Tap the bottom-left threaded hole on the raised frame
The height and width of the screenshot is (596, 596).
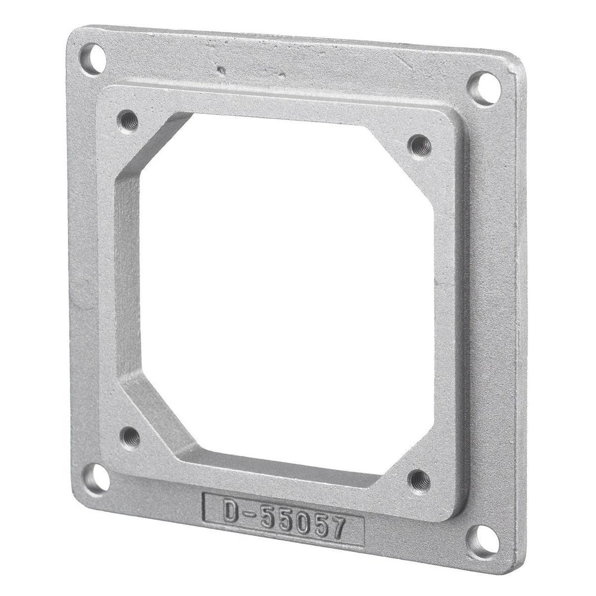pos(131,438)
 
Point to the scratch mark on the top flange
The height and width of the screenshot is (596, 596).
pos(222,70)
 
